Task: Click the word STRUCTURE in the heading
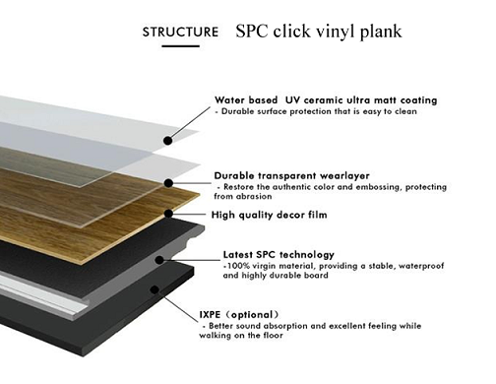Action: pyautogui.click(x=180, y=32)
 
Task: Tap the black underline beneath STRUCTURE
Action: pyautogui.click(x=180, y=46)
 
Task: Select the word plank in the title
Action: pyautogui.click(x=381, y=32)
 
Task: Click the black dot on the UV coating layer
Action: pyautogui.click(x=168, y=141)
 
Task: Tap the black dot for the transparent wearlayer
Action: pyautogui.click(x=168, y=183)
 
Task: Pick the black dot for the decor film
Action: pyautogui.click(x=168, y=214)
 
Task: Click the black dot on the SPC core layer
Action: pyautogui.click(x=159, y=260)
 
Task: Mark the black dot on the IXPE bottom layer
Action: pyautogui.click(x=155, y=289)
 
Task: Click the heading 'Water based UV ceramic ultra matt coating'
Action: pyautogui.click(x=326, y=100)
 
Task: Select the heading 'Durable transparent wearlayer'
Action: pyautogui.click(x=291, y=176)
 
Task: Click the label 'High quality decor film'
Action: pyautogui.click(x=269, y=215)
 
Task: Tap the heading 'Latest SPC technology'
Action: pyautogui.click(x=279, y=255)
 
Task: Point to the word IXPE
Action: pyautogui.click(x=210, y=315)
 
